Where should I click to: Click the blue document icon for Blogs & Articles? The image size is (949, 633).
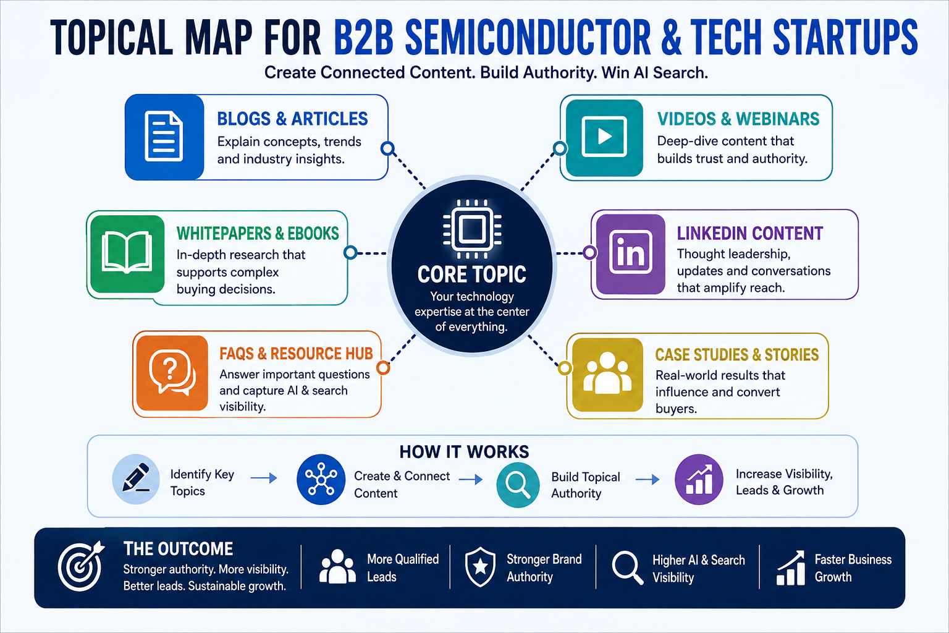pyautogui.click(x=164, y=137)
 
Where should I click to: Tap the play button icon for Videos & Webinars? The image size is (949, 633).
pyautogui.click(x=604, y=137)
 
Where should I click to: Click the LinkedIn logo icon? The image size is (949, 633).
pyautogui.click(x=630, y=252)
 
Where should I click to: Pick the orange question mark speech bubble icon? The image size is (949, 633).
pyautogui.click(x=172, y=372)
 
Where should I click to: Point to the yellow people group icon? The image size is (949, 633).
pyautogui.click(x=607, y=373)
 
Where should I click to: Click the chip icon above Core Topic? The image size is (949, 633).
pyautogui.click(x=472, y=229)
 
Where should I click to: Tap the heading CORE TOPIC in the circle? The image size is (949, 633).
pyautogui.click(x=471, y=274)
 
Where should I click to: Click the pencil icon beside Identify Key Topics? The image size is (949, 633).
pyautogui.click(x=136, y=478)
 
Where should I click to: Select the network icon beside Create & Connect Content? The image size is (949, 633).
pyautogui.click(x=321, y=479)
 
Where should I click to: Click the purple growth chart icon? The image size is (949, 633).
pyautogui.click(x=699, y=479)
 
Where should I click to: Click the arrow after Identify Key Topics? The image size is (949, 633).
pyautogui.click(x=264, y=478)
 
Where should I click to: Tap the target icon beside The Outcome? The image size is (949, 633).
pyautogui.click(x=81, y=566)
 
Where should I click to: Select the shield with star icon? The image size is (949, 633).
pyautogui.click(x=480, y=567)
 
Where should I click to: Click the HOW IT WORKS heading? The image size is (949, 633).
pyautogui.click(x=465, y=452)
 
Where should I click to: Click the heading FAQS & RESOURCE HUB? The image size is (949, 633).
pyautogui.click(x=296, y=354)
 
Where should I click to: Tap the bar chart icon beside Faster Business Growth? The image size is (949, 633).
pyautogui.click(x=791, y=567)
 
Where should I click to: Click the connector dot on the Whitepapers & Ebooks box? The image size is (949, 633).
pyautogui.click(x=350, y=252)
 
